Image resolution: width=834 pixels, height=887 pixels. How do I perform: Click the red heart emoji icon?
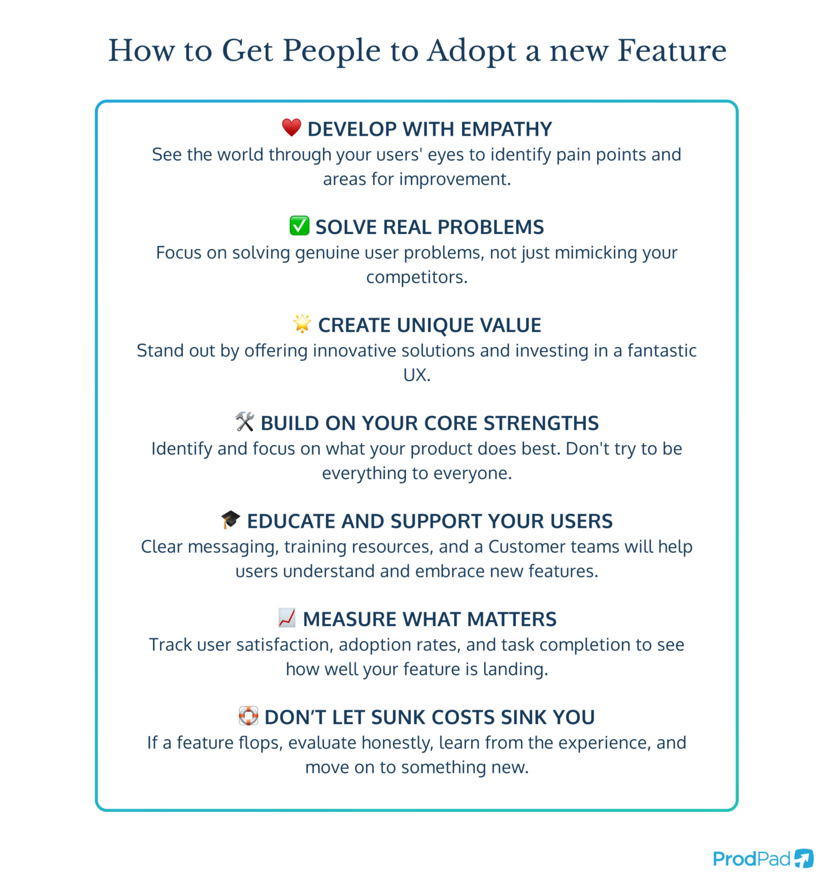point(292,128)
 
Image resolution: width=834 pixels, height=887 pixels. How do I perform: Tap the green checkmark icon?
point(299,226)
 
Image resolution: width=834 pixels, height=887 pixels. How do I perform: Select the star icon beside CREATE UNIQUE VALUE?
point(302,323)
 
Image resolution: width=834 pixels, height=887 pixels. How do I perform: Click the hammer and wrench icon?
point(245,422)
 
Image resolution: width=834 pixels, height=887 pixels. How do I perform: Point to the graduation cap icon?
point(230,520)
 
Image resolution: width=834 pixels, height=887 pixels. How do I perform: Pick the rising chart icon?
point(286,618)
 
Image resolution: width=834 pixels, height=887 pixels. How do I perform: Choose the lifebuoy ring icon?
point(248,716)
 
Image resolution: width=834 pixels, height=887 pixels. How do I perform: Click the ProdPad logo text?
point(751,859)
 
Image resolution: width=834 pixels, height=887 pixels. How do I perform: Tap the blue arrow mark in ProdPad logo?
point(804,858)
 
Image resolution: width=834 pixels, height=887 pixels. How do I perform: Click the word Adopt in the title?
point(471,52)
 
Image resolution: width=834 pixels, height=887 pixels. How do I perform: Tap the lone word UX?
point(416,375)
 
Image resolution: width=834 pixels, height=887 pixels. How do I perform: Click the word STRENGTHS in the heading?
point(541,423)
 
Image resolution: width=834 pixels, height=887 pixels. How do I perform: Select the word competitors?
point(416,278)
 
